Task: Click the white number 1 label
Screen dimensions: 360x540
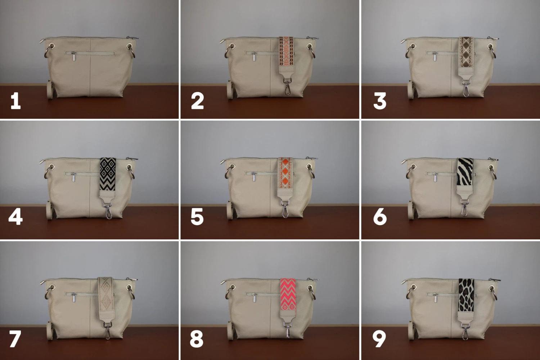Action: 15,101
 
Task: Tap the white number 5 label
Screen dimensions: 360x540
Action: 197,217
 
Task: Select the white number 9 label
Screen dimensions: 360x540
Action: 379,339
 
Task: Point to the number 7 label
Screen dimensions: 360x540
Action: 15,339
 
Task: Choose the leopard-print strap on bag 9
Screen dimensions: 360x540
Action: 466,295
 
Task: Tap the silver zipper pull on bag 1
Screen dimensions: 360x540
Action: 73,57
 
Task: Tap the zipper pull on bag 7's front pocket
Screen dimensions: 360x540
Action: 73,297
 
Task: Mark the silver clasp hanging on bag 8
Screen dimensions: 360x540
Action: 288,331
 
